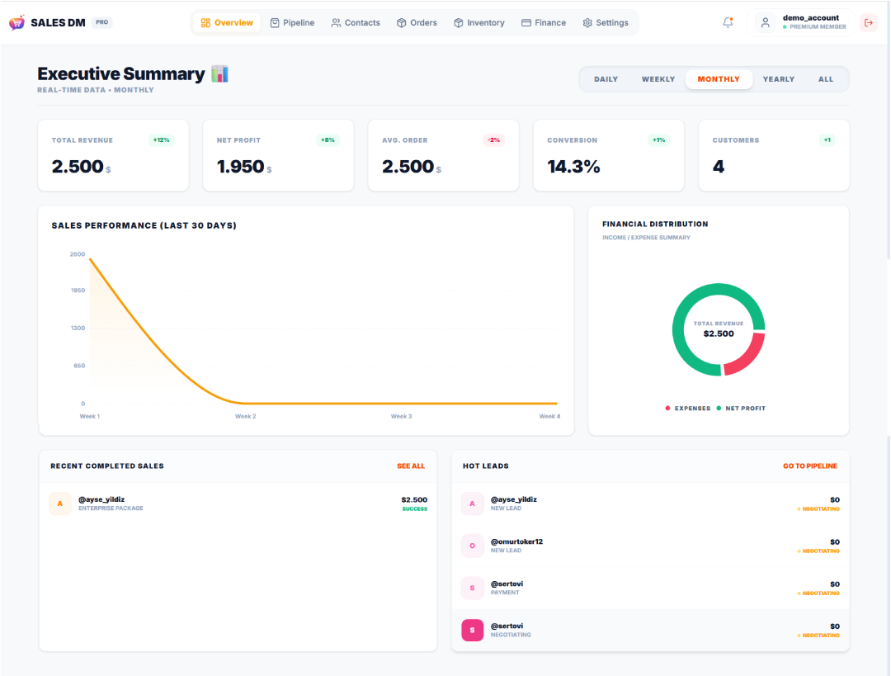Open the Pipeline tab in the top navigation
(292, 23)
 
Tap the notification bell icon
(728, 23)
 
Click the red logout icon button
(868, 23)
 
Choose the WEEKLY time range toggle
(658, 79)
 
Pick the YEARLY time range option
(778, 79)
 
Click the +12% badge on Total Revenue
(161, 140)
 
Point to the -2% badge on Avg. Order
(493, 140)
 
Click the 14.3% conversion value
(573, 167)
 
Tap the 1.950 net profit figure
(240, 167)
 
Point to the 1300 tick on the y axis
(78, 329)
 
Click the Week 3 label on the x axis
(401, 417)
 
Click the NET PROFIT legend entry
(745, 409)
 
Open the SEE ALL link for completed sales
(411, 466)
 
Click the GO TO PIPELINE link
(809, 466)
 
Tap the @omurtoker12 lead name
(516, 542)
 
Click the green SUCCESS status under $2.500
(414, 509)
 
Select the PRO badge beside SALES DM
(101, 22)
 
